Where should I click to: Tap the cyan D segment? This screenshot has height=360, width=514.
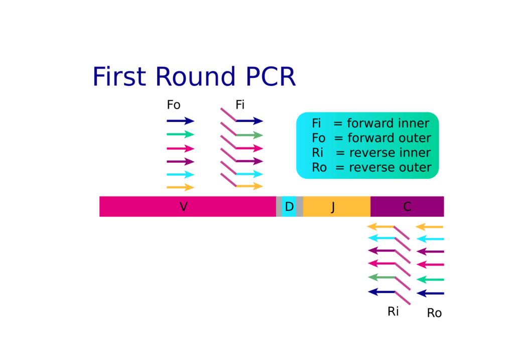pos(289,206)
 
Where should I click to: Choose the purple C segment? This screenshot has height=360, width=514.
pos(407,206)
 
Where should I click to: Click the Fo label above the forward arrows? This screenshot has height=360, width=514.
pos(174,105)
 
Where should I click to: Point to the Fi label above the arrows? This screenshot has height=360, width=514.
pos(240,105)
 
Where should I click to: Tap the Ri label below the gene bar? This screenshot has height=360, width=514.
pos(393,311)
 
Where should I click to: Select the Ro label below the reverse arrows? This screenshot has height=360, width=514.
pos(434,313)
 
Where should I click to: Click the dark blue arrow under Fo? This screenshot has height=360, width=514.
pos(181,121)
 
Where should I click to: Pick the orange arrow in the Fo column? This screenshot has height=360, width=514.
pos(181,187)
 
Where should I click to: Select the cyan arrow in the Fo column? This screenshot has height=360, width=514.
pos(181,175)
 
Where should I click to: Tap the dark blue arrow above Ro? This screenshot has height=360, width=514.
pos(431,293)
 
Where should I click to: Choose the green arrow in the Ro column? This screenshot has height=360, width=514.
pos(431,280)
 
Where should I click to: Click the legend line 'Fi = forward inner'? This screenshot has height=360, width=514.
pos(370,124)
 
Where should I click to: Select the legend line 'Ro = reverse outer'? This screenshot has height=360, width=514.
pos(371,168)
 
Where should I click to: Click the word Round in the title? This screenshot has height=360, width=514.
pos(195,77)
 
